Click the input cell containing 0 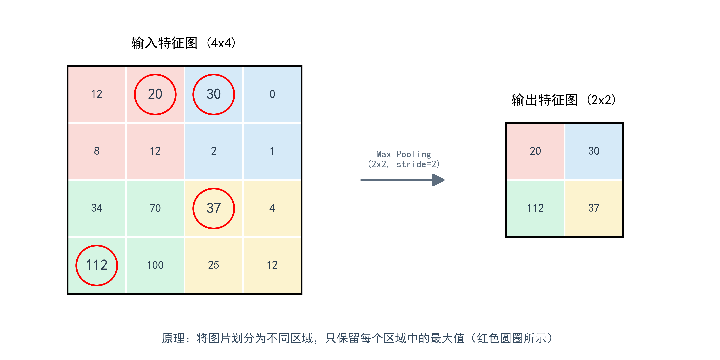tap(272, 94)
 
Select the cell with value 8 tap(97, 151)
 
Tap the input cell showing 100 tap(155, 265)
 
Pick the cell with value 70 tap(155, 208)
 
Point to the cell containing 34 tap(97, 208)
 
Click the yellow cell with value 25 tap(214, 265)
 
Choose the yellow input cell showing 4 tap(272, 208)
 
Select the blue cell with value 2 tap(214, 151)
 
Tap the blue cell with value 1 tap(272, 151)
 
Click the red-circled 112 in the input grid tap(97, 265)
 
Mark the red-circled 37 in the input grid tap(214, 208)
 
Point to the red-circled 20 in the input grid tap(155, 94)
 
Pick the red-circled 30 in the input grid tap(214, 94)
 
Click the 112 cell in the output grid tap(535, 208)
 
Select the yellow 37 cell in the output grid tap(594, 208)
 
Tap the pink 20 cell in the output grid tap(535, 151)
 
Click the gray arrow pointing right tap(402, 180)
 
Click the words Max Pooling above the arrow tap(404, 154)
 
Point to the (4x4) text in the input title tap(221, 43)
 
